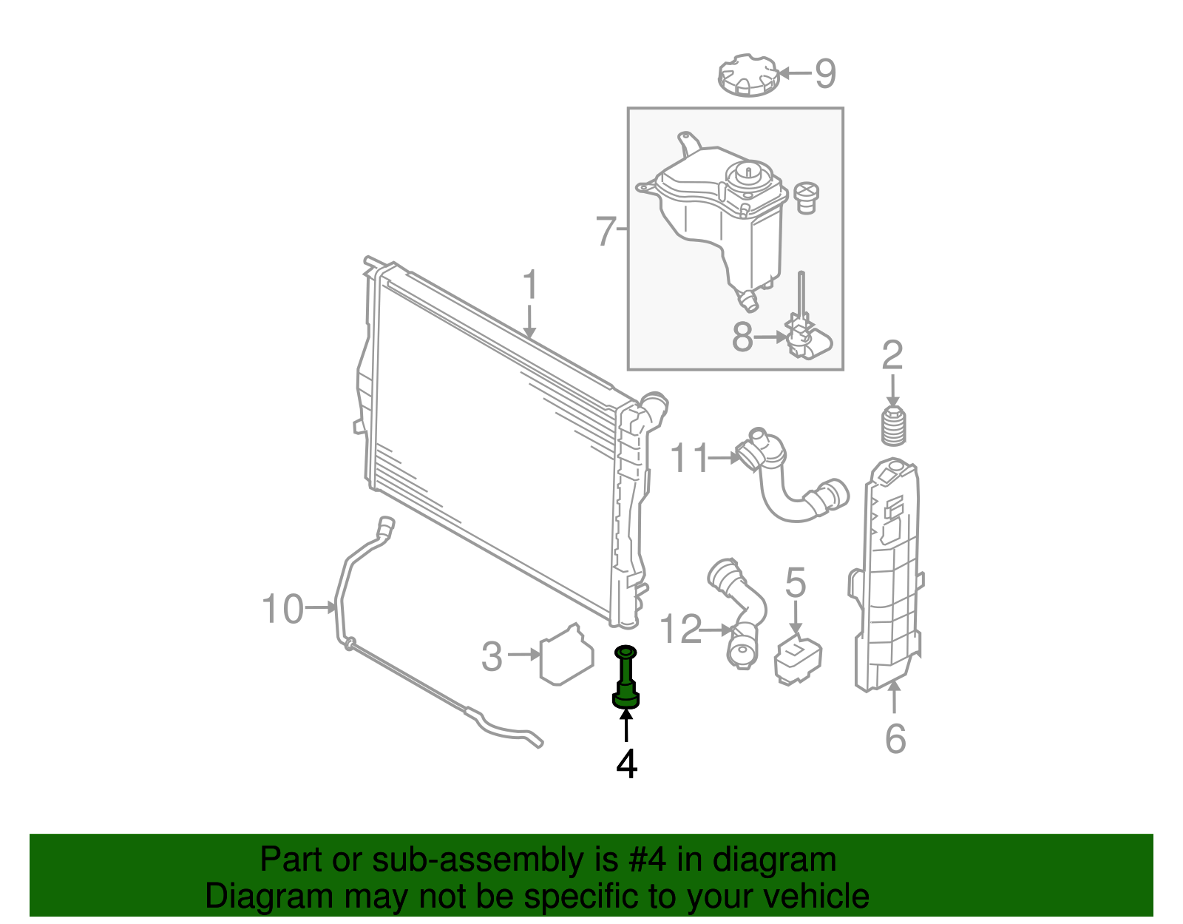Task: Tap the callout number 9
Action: (x=825, y=73)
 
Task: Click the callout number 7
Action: (x=606, y=232)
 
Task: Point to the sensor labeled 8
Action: (x=807, y=343)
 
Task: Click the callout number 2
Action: (x=892, y=356)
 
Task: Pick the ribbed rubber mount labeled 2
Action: (x=894, y=427)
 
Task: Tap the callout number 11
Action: (x=689, y=459)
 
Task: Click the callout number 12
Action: (x=679, y=630)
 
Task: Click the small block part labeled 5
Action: (x=797, y=658)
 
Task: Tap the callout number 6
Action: (x=895, y=738)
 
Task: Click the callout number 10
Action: (x=282, y=610)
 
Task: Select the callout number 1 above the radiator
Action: (x=529, y=286)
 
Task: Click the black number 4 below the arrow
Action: (x=626, y=764)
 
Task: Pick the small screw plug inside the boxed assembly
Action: (x=807, y=197)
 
